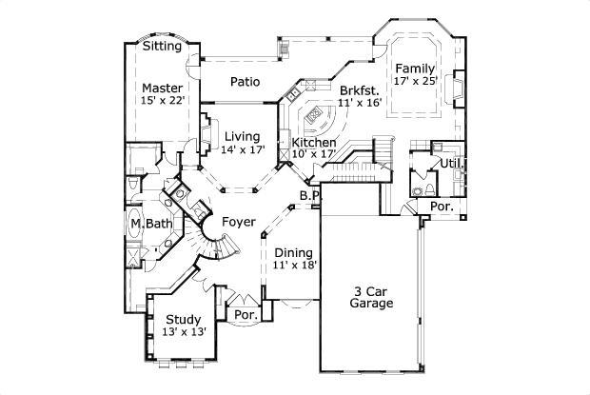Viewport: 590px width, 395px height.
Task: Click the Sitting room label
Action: coord(163,46)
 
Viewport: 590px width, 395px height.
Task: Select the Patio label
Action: coord(246,82)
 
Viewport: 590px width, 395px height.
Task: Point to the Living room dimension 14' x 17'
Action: coord(242,148)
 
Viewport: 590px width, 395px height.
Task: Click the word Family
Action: coord(416,69)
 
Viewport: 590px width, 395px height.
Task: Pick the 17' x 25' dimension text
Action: coord(416,82)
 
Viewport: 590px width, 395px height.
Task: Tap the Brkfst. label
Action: coord(359,89)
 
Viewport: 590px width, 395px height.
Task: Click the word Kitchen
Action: coord(313,142)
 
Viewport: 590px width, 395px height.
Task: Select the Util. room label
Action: coord(451,163)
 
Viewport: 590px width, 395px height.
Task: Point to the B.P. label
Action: coord(308,196)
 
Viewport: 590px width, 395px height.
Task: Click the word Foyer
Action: coord(238,222)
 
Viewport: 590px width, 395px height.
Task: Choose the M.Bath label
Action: coord(151,224)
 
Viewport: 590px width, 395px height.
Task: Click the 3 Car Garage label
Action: coord(372,297)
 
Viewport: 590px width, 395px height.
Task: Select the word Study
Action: coord(183,319)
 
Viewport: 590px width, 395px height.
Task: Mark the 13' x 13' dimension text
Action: coord(183,332)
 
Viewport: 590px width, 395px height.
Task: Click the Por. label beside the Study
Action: coord(246,313)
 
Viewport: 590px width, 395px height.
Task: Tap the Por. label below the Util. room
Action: coord(442,206)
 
